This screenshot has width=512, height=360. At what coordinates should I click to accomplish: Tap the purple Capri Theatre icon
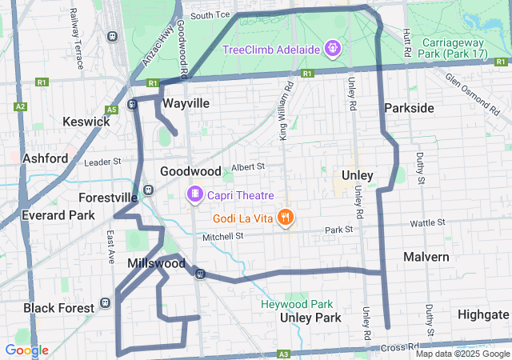(x=194, y=195)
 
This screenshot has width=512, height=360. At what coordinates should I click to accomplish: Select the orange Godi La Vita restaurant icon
(x=285, y=218)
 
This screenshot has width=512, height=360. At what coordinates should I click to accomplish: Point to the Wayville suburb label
(x=186, y=104)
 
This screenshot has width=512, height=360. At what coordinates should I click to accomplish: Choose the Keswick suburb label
(x=86, y=122)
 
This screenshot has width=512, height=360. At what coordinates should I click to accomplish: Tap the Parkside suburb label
(x=409, y=108)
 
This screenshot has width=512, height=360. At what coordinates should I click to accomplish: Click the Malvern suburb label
(x=426, y=257)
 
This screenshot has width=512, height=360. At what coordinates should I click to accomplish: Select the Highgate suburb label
(x=482, y=314)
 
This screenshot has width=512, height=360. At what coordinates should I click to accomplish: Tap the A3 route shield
(x=283, y=354)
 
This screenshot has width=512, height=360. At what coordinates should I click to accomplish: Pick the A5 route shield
(x=112, y=109)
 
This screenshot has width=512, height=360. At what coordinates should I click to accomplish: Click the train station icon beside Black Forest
(x=105, y=305)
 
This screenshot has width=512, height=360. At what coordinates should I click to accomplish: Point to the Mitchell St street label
(x=222, y=237)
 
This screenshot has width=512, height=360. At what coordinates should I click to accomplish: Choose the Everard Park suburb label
(x=59, y=215)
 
